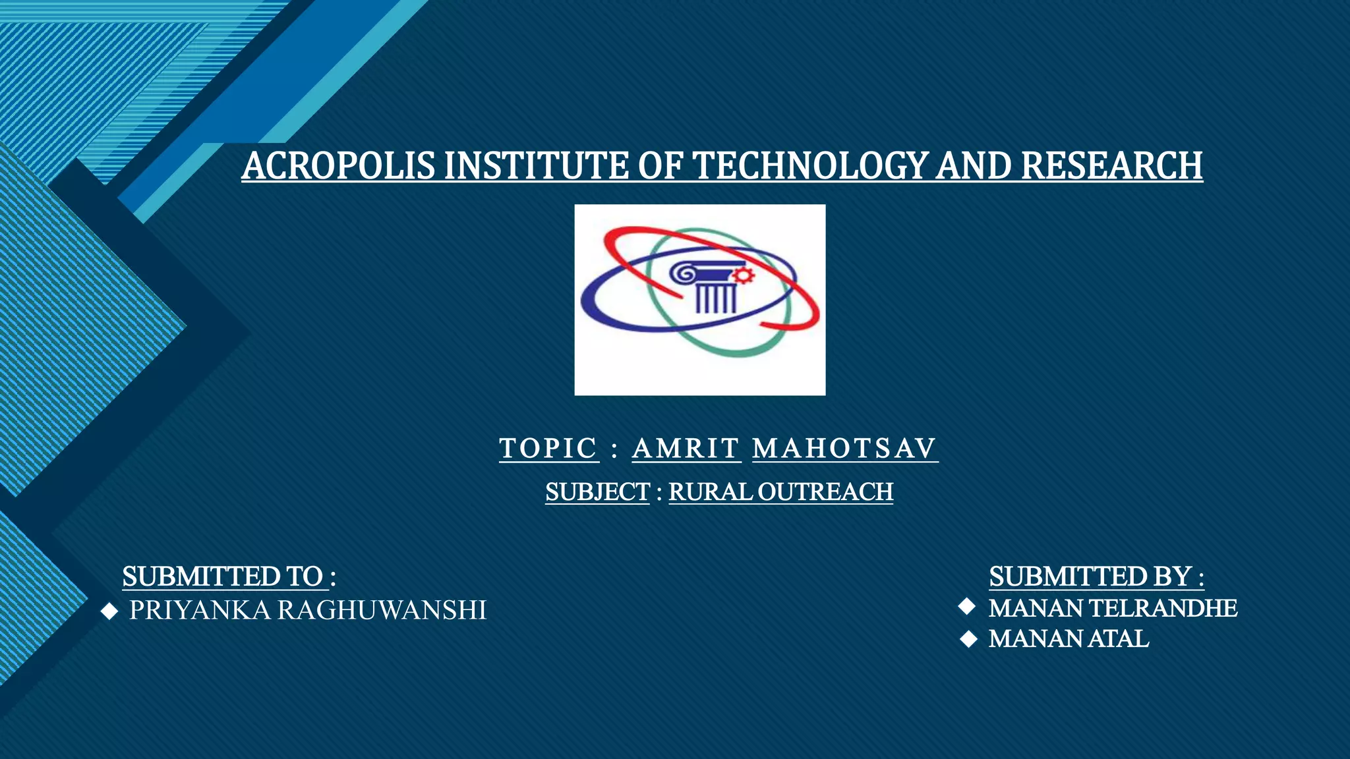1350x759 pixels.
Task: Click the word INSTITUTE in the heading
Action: click(x=536, y=166)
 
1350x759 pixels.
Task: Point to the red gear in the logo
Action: click(x=744, y=275)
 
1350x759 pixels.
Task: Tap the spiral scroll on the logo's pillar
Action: click(x=684, y=273)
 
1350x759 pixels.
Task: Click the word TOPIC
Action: click(x=548, y=449)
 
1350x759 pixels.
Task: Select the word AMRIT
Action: click(x=686, y=449)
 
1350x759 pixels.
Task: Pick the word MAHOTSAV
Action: click(x=844, y=449)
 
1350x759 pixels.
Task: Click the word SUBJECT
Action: click(x=597, y=492)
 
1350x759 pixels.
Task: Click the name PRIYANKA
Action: click(x=200, y=611)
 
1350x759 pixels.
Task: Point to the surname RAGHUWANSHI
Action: click(x=382, y=611)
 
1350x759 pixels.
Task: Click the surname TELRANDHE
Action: click(x=1164, y=608)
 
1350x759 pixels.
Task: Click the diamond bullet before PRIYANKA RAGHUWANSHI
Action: click(x=109, y=611)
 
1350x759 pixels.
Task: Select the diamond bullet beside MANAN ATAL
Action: click(x=968, y=639)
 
